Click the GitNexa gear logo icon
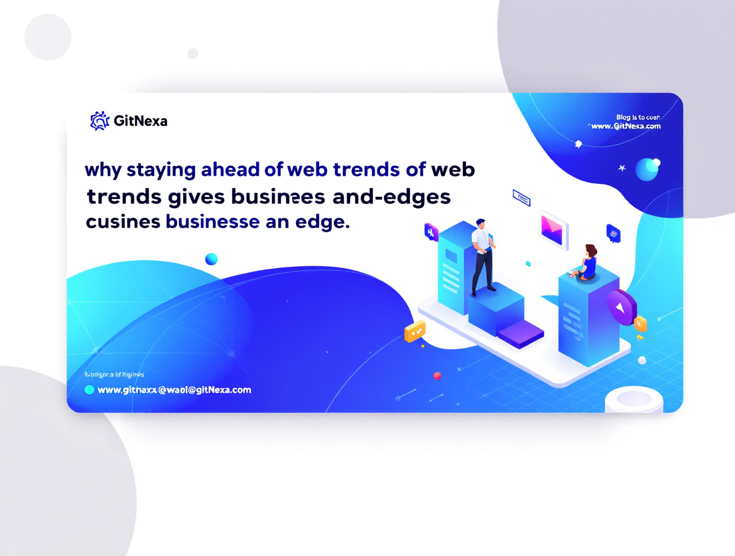pos(100,121)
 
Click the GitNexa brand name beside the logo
pos(140,121)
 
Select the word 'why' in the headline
pos(103,170)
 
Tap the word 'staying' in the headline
pos(161,170)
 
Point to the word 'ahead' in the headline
pos(230,169)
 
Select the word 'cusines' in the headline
pos(123,222)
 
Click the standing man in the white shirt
pos(482,256)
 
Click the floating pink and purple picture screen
pos(552,230)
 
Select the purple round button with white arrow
pos(621,307)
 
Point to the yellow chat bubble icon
pos(414,332)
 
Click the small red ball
pos(437,376)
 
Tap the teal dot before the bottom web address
pos(89,390)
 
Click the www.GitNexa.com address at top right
pos(626,126)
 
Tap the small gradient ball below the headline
pos(211,259)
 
